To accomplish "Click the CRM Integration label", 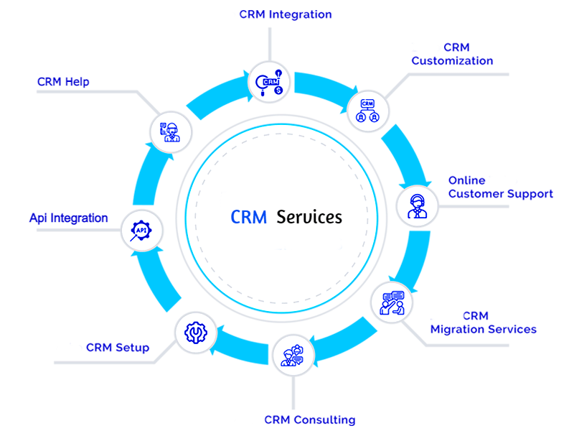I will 285,14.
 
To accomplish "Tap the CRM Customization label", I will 452,55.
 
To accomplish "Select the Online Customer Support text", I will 500,187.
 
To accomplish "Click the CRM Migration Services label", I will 483,323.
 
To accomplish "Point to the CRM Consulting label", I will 309,420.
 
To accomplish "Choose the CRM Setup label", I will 118,348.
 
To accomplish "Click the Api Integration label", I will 69,218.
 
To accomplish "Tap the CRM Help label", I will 63,82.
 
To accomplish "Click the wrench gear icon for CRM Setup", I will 195,332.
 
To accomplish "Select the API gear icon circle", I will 142,231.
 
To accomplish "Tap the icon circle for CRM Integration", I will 270,81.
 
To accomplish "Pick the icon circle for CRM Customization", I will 368,110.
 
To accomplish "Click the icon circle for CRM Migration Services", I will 392,301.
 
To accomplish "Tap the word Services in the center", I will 309,217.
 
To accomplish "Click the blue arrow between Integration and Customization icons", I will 321,85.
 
